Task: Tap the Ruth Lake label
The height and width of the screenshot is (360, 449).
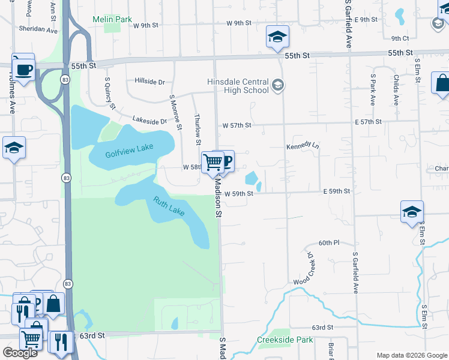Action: [169, 207]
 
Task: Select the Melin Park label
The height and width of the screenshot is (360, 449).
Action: [112, 20]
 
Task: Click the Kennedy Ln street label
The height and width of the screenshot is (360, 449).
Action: [303, 146]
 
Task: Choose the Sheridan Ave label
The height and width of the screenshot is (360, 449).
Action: [38, 29]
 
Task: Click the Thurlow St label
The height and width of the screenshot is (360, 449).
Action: [197, 130]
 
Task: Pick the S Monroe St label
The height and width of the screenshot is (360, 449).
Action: [175, 112]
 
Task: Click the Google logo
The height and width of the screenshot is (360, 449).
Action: [20, 353]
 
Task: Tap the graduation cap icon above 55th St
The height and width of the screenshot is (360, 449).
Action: [277, 37]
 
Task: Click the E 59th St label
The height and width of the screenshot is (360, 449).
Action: [336, 191]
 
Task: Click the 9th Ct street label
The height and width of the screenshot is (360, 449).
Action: [400, 38]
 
